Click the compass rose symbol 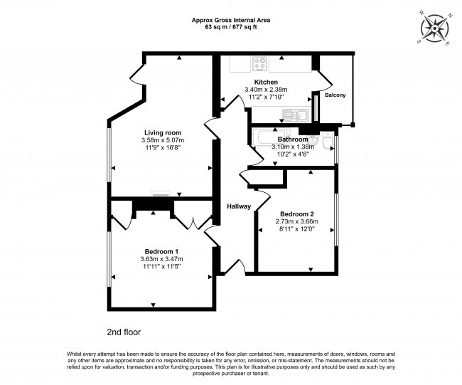pos(435,28)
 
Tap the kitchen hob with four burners pos(260,64)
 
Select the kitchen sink pos(296,115)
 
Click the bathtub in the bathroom pos(271,138)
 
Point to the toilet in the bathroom pos(328,140)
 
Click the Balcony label pos(335,95)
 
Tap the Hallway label pos(239,206)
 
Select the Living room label pos(163,133)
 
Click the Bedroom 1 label pos(161,252)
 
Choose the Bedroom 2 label pos(297,214)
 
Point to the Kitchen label pos(266,82)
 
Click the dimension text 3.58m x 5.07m pos(163,140)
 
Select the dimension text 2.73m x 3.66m pos(297,221)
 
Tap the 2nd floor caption pos(124,332)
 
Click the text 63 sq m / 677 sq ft pos(231,27)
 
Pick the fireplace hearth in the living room pos(161,194)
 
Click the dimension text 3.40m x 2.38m pos(266,90)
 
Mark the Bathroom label pos(293,139)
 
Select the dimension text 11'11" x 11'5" pos(161,266)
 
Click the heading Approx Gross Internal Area pos(231,21)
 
